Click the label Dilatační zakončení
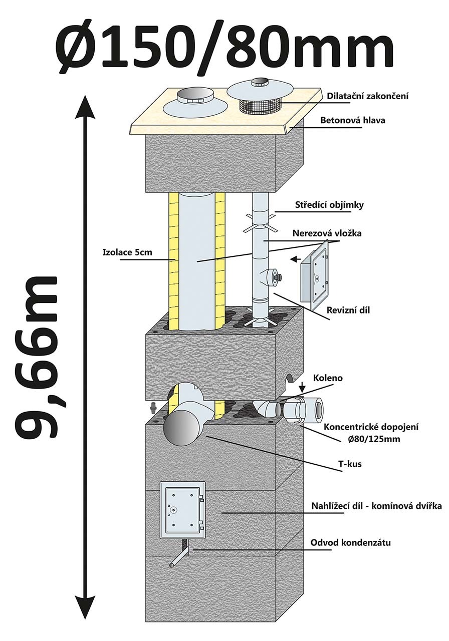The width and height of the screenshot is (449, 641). (367, 96)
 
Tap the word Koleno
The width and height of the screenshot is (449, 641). (328, 378)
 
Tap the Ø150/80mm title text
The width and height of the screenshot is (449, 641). (224, 44)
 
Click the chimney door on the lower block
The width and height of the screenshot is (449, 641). (182, 510)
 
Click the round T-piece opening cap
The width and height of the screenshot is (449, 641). (181, 429)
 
